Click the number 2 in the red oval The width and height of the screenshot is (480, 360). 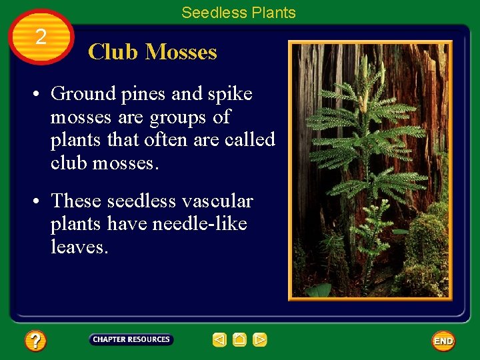click(41, 37)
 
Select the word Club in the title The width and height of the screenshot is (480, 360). click(113, 52)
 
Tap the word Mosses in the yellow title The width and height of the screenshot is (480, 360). click(181, 52)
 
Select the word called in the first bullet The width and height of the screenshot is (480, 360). click(249, 140)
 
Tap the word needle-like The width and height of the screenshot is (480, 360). click(200, 224)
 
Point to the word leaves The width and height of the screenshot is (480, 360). click(78, 247)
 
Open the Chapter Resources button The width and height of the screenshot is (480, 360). click(131, 340)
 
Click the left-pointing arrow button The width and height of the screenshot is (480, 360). click(219, 340)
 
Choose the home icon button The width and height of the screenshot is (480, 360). click(239, 340)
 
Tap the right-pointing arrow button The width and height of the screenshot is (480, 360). click(260, 340)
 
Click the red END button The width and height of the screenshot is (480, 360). click(443, 341)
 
